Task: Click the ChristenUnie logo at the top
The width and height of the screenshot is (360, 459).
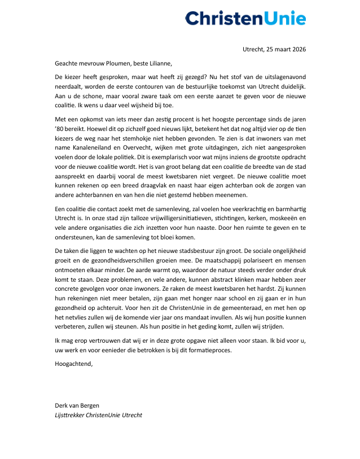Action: [x=245, y=18]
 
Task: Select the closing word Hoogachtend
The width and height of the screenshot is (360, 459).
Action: [x=73, y=364]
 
